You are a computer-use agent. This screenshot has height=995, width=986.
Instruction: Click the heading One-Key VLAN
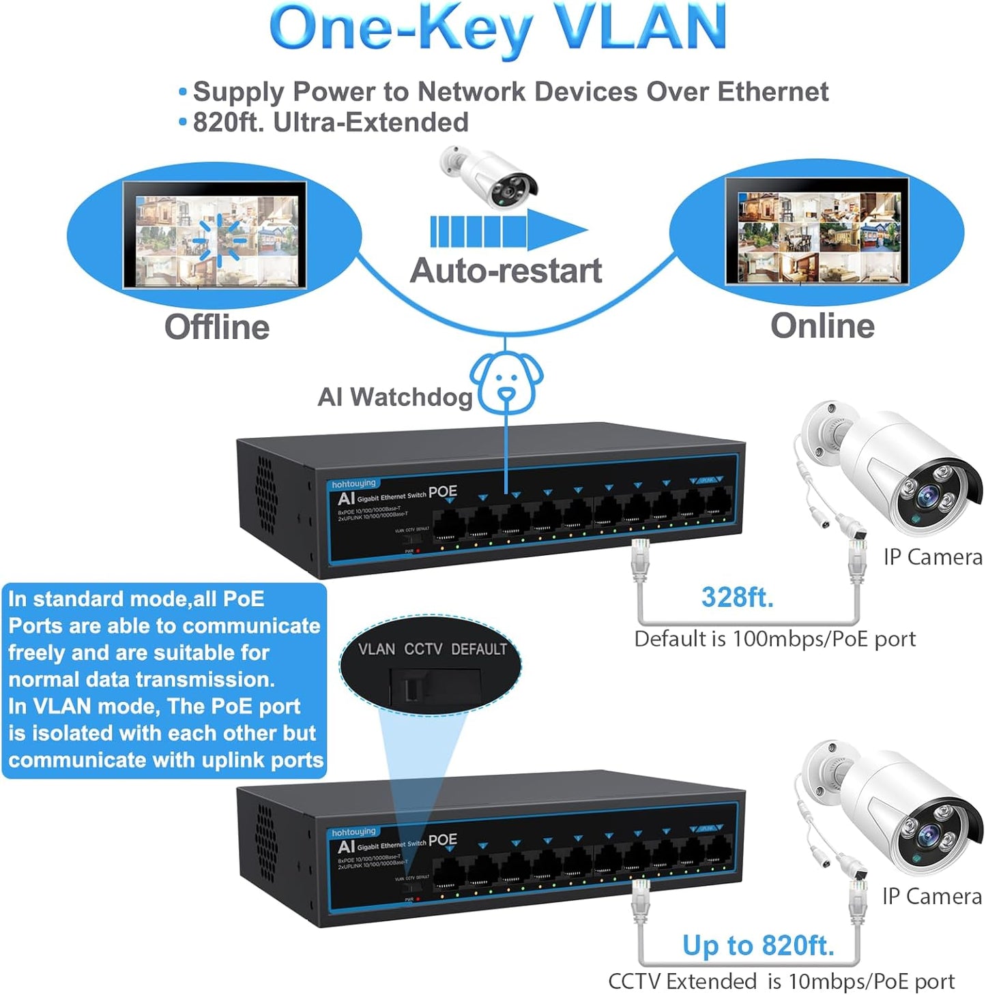[497, 29]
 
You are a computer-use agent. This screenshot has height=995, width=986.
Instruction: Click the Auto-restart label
[506, 271]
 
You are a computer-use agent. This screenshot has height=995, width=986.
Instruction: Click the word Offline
[217, 327]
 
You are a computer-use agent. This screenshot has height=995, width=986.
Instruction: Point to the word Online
[822, 325]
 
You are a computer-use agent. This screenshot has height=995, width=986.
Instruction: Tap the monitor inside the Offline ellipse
[215, 235]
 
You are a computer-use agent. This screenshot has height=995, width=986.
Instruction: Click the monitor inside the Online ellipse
[817, 232]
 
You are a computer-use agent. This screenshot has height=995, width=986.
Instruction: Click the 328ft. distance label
[738, 597]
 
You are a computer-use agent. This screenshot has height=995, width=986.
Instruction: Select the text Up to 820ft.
[758, 945]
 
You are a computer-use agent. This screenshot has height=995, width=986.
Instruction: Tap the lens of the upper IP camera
[927, 495]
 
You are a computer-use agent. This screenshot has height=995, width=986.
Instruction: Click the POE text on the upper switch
[443, 492]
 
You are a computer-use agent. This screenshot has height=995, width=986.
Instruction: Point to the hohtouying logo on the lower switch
[353, 832]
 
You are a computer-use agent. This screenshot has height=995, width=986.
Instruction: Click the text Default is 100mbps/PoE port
[774, 639]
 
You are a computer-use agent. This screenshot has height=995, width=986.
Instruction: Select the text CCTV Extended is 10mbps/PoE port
[781, 981]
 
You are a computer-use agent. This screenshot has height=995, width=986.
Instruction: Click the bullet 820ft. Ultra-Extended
[330, 123]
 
